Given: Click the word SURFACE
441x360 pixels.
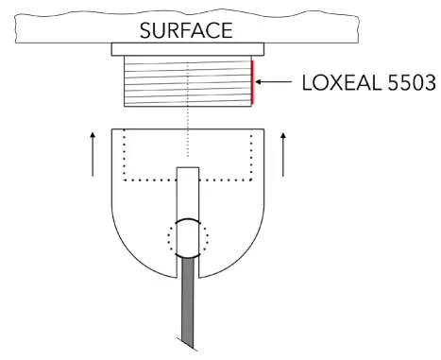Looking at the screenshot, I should point(186,29).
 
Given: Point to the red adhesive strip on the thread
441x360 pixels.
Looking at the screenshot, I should point(253,83).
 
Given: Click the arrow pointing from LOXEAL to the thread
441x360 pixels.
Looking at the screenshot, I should point(273,83).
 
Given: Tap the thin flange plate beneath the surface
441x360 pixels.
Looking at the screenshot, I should point(189,48).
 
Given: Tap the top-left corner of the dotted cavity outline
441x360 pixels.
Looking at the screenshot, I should point(126,133).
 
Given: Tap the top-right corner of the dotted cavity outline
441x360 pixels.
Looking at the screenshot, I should point(252,133).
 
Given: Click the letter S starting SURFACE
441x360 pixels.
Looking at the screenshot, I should point(146,29).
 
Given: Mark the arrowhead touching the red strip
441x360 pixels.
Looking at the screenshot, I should point(260,83).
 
